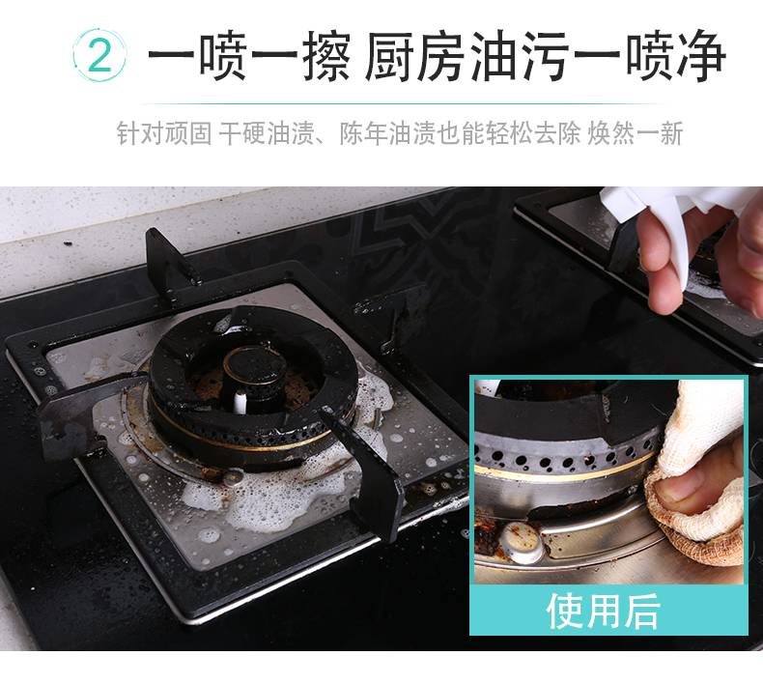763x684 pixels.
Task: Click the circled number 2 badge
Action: click(x=99, y=55)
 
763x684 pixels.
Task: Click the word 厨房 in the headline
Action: click(x=416, y=55)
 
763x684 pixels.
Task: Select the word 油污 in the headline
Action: click(x=522, y=55)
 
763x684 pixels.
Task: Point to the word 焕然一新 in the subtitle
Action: click(x=636, y=133)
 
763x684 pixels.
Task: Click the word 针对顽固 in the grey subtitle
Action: click(x=164, y=133)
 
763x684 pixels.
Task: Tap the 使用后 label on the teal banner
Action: click(x=604, y=612)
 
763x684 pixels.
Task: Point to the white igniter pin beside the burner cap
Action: click(x=240, y=402)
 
